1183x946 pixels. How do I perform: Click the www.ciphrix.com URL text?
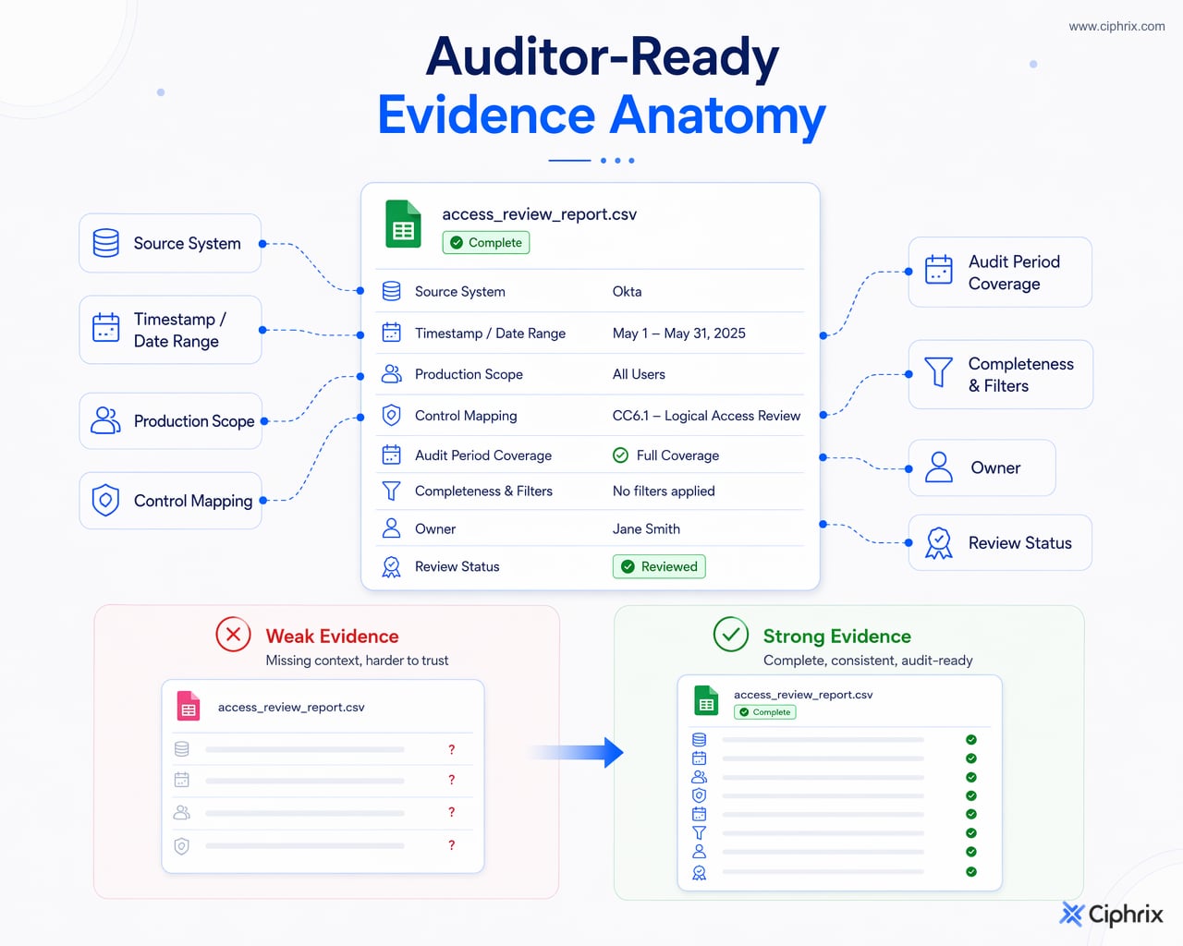coord(1116,27)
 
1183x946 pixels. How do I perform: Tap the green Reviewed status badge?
coord(659,566)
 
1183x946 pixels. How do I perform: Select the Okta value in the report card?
coord(627,291)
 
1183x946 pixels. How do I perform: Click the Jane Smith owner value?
coord(646,528)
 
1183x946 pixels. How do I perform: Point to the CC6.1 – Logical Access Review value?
coord(706,416)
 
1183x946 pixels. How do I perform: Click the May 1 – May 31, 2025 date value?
coord(679,334)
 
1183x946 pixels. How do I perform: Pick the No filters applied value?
coord(664,491)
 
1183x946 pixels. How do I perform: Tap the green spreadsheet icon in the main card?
coord(403,224)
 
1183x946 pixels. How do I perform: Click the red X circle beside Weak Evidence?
coord(233,635)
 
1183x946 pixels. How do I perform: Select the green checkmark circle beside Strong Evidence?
coord(730,635)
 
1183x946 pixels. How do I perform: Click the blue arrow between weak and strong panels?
coord(578,752)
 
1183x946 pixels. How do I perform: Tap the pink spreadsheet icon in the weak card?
coord(188,707)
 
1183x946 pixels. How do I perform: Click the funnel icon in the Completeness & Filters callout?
coord(938,372)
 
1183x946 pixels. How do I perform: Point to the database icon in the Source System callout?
coord(105,243)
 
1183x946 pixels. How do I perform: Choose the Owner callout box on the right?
coord(982,467)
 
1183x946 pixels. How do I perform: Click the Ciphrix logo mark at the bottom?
coord(1070,914)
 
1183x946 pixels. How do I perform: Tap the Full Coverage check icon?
coord(620,455)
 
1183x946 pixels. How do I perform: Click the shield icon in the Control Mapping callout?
coord(105,500)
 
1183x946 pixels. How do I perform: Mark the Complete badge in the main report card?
coord(486,242)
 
